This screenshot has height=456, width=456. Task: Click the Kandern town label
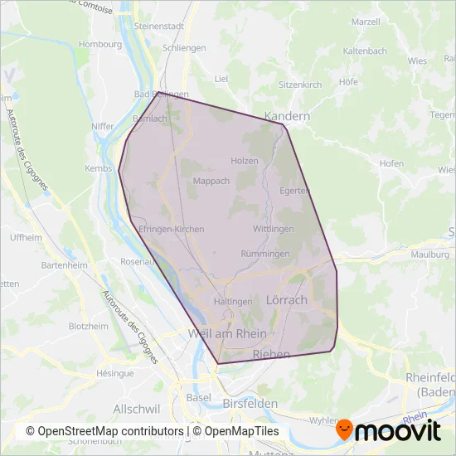(x=287, y=116)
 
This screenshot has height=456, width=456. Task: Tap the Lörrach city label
(x=288, y=299)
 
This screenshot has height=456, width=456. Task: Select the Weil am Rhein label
(x=228, y=333)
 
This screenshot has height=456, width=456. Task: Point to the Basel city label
(x=199, y=396)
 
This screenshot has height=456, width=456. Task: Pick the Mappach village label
(x=211, y=181)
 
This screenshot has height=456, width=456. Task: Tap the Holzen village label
(x=245, y=161)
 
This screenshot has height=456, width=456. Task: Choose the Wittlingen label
(x=274, y=228)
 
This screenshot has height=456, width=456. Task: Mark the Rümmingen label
(x=264, y=253)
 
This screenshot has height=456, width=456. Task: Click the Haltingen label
(x=233, y=302)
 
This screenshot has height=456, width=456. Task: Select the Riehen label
(x=270, y=354)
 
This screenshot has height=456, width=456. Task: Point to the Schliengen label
(x=184, y=48)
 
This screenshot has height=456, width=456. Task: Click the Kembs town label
(x=98, y=168)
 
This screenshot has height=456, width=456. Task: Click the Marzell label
(x=366, y=20)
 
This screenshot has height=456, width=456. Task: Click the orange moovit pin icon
(x=345, y=430)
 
